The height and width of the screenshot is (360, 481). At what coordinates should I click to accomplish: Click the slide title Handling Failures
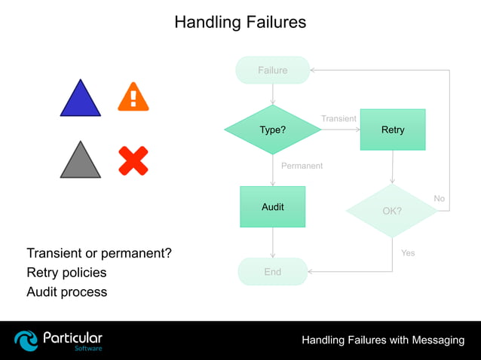240,22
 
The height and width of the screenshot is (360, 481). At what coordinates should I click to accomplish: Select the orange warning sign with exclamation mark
133,97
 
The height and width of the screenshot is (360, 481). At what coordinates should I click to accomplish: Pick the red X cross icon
133,160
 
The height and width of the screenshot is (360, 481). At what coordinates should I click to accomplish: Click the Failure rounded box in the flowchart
272,70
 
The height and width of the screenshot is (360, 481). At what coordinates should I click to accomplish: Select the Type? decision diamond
272,130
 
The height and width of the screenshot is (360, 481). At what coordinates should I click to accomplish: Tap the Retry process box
392,130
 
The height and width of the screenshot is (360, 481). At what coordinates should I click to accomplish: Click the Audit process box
272,206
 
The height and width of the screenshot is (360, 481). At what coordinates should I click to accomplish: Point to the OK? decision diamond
391,211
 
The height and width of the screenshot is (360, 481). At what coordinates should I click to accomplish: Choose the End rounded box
272,272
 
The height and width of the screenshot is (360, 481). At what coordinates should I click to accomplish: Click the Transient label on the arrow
339,119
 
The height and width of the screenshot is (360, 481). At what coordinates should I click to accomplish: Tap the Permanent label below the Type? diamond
302,166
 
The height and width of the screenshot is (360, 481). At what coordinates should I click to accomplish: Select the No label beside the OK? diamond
439,198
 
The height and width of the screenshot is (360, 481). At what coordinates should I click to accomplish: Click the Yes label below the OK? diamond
408,253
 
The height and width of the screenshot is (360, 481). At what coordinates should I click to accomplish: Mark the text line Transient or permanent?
99,253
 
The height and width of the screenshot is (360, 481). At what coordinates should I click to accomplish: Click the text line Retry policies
66,273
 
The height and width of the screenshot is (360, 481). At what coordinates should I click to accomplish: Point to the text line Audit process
66,292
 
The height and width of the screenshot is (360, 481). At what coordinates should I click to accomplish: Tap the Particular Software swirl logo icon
26,340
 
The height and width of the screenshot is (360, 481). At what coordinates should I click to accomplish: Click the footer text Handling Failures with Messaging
383,340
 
